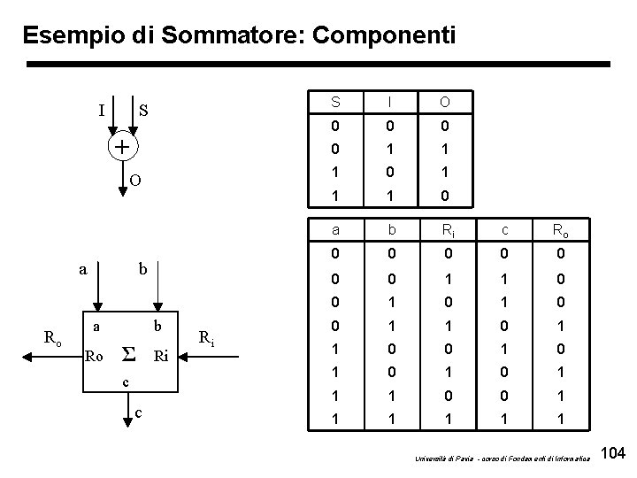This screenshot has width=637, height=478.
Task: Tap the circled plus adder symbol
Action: [x=121, y=146]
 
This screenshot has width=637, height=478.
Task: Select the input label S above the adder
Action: [x=143, y=112]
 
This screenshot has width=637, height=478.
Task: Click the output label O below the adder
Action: [x=135, y=181]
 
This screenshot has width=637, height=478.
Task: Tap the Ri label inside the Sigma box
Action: [x=161, y=357]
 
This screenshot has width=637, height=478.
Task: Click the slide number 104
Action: [x=612, y=454]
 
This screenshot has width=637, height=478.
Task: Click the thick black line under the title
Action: [x=318, y=65]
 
